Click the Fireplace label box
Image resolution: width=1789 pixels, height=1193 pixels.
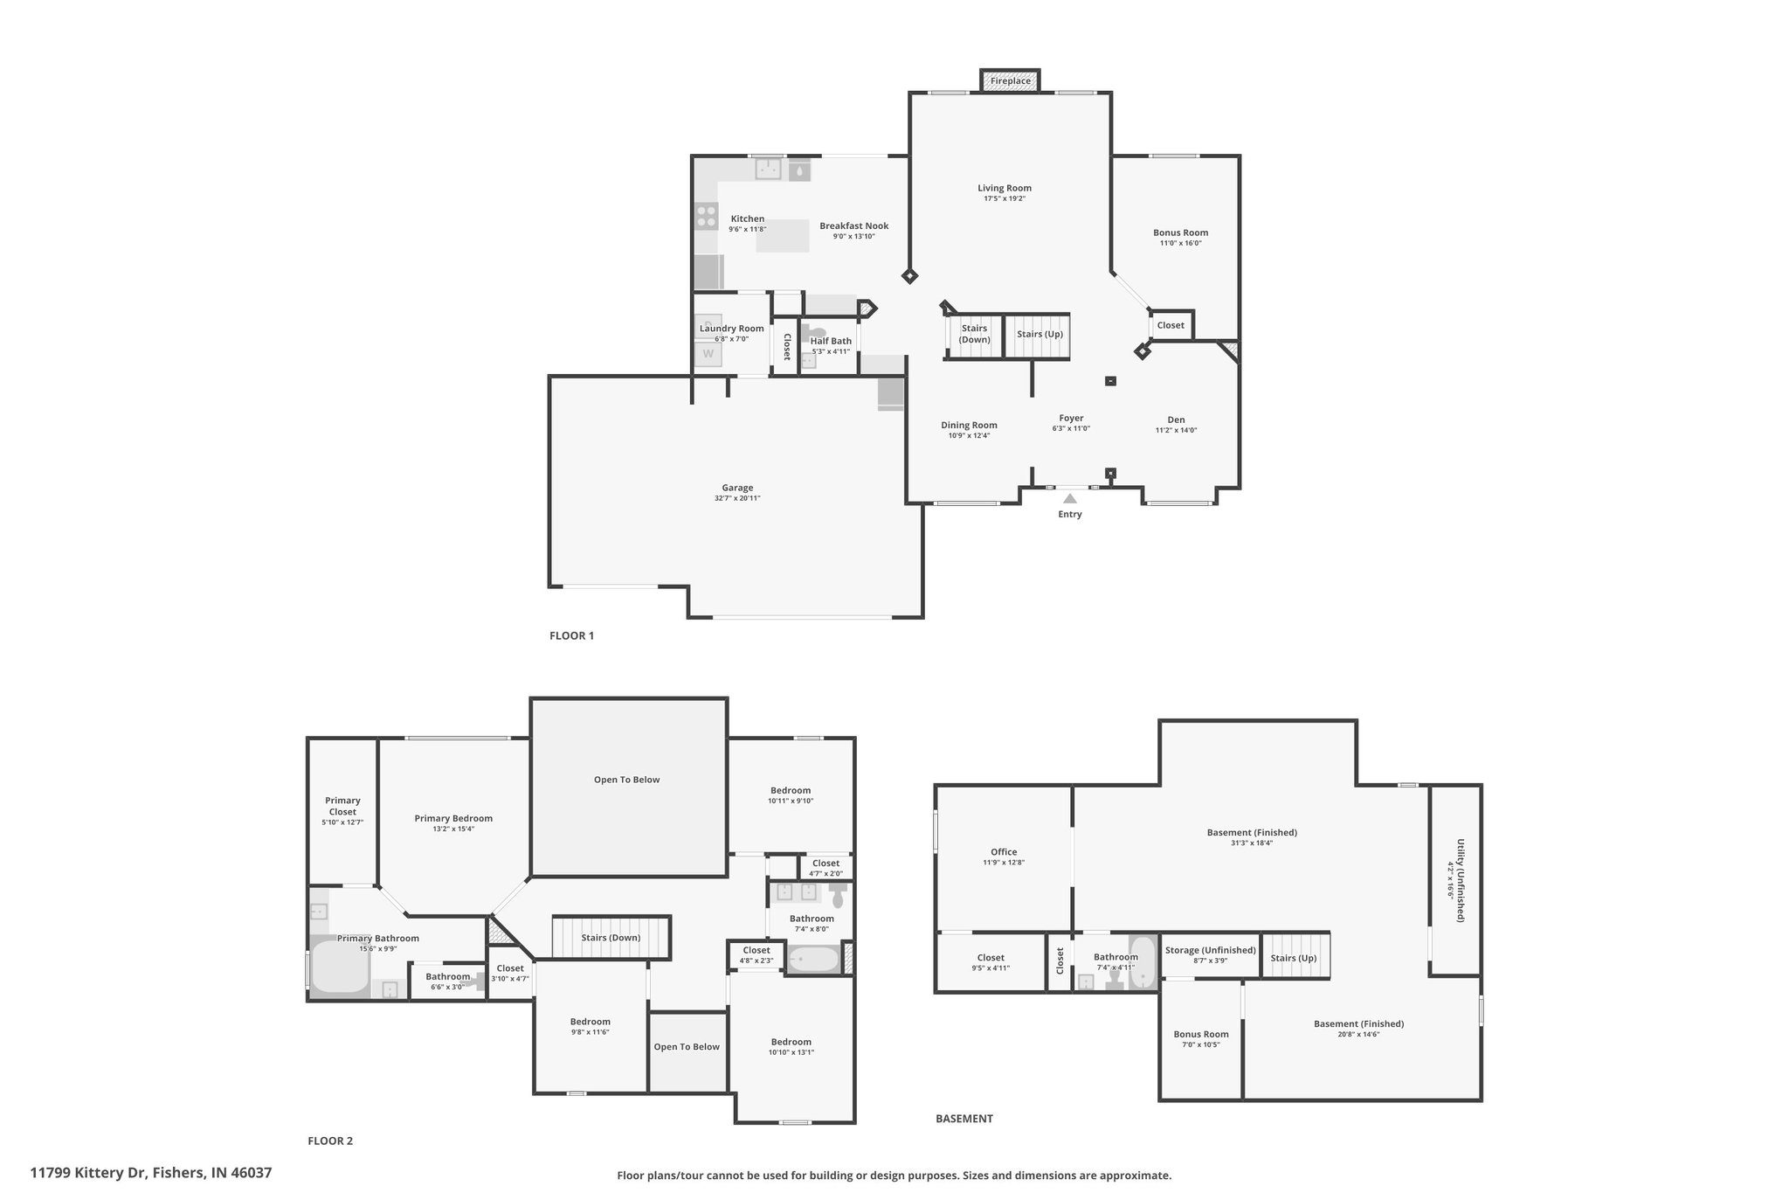tap(1010, 80)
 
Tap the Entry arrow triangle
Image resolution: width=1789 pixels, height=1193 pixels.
tap(1069, 498)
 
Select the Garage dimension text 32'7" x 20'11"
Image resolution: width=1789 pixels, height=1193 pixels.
tap(737, 498)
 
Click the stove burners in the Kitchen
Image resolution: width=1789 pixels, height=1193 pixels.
tap(706, 216)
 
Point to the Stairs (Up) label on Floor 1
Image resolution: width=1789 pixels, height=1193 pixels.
tap(1040, 334)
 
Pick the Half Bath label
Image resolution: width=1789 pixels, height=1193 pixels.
tap(831, 341)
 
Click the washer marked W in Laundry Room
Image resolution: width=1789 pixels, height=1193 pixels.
tap(708, 354)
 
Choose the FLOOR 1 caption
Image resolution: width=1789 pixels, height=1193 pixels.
tap(571, 635)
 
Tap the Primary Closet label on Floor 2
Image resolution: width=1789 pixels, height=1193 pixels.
tap(342, 806)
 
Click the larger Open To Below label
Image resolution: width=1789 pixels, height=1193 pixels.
tap(626, 780)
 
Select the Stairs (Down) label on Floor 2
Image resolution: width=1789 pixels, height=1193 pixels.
tap(611, 938)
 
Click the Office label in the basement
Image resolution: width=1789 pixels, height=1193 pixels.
tap(1004, 852)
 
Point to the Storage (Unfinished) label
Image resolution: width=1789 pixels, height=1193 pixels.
tap(1210, 950)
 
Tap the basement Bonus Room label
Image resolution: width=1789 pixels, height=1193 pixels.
tap(1201, 1034)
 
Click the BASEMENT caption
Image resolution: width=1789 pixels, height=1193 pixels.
tap(964, 1118)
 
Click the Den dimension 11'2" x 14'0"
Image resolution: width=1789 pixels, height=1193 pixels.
tap(1176, 430)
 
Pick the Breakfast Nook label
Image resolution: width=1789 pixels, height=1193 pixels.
tap(853, 225)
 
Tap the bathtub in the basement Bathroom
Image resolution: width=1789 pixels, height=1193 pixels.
tap(1143, 962)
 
